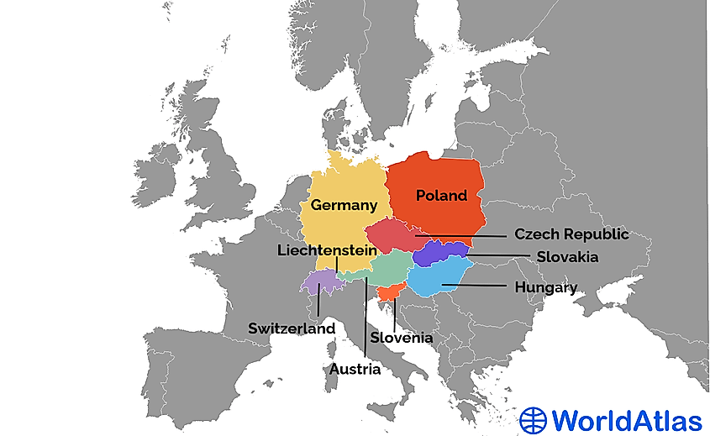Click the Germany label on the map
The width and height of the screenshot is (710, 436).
click(343, 205)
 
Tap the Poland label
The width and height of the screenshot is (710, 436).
click(441, 196)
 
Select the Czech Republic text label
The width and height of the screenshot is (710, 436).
click(571, 234)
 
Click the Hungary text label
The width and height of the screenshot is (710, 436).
click(545, 288)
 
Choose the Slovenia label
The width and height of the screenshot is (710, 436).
click(401, 338)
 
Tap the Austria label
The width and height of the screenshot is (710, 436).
click(354, 369)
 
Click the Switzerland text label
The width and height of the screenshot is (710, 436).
click(291, 328)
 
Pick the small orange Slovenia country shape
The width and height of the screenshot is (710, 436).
click(389, 292)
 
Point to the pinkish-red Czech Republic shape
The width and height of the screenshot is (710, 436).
click(393, 237)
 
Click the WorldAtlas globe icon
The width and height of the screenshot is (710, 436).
click(534, 418)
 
